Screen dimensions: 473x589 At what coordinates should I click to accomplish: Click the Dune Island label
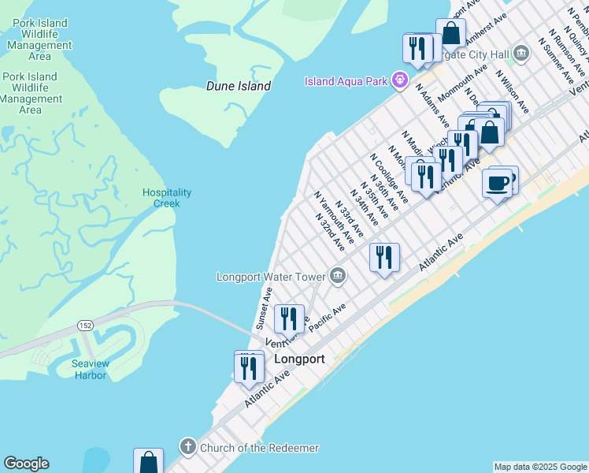click(238, 87)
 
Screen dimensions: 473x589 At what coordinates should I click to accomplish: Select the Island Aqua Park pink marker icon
click(400, 80)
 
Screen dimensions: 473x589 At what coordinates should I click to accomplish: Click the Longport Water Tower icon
click(338, 275)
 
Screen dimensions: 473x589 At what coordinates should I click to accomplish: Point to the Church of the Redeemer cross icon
click(187, 447)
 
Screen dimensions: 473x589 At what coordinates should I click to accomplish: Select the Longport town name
click(299, 359)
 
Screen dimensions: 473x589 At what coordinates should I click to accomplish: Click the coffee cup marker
click(497, 184)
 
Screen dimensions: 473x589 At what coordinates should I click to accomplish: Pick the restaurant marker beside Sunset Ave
click(289, 318)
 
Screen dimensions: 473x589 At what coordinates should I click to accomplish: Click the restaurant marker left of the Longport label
click(249, 368)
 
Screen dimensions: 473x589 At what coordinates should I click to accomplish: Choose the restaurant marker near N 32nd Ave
click(384, 257)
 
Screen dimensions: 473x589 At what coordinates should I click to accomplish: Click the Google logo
click(26, 464)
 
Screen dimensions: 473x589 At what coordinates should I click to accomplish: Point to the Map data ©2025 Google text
click(539, 467)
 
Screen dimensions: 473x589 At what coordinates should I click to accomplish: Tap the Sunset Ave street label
click(263, 308)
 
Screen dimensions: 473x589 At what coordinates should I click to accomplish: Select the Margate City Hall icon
click(521, 54)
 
